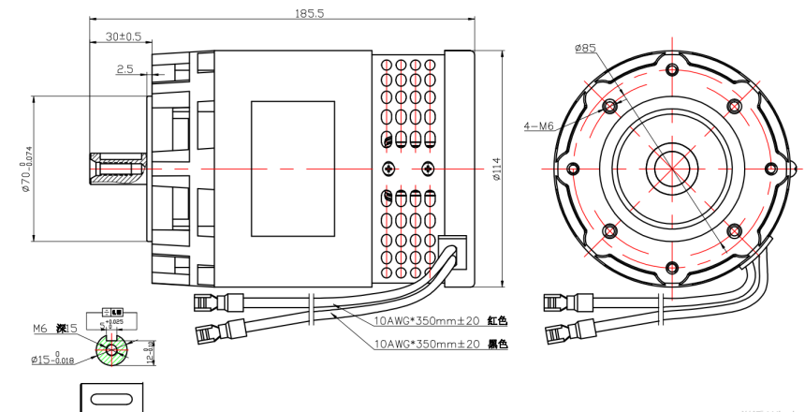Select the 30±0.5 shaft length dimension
pyautogui.click(x=123, y=37)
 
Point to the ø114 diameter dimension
pyautogui.click(x=496, y=169)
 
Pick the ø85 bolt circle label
pyautogui.click(x=586, y=48)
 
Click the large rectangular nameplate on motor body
pyautogui.click(x=292, y=169)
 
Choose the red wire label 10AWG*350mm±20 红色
pyautogui.click(x=440, y=320)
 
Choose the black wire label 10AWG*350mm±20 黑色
pyautogui.click(x=440, y=344)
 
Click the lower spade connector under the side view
pyautogui.click(x=221, y=331)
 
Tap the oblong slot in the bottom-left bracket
pyautogui.click(x=112, y=402)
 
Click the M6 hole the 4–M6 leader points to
pyautogui.click(x=611, y=105)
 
